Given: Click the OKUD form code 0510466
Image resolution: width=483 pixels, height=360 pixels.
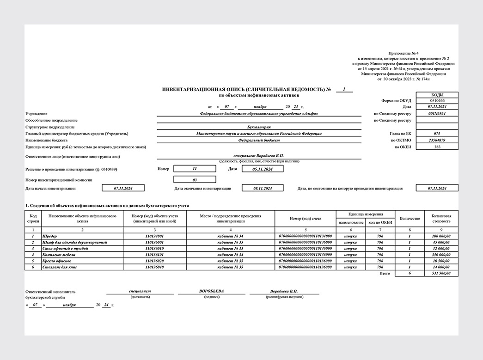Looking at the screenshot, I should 437,101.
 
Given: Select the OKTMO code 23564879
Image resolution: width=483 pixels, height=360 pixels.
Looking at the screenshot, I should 437,140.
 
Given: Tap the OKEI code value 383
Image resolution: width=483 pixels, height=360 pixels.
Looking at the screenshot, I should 437,147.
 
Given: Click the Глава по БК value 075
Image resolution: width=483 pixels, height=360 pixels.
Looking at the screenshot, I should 437,134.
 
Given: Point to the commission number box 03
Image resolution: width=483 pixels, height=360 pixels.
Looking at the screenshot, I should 195,180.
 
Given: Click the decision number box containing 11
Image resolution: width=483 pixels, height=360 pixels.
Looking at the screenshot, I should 195,169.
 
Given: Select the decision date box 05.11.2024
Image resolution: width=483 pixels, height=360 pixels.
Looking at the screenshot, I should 263,169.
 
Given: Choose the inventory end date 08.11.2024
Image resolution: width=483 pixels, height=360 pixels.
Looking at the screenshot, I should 263,189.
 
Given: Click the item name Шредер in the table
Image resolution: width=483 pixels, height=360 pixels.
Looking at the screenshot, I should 49,236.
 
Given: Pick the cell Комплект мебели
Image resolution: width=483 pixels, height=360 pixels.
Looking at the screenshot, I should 59,255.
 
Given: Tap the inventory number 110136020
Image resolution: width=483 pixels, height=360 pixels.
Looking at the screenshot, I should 154,261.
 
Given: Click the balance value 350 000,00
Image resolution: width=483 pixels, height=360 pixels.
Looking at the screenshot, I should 441,255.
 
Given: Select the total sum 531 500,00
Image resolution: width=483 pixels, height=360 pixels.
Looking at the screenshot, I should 441,274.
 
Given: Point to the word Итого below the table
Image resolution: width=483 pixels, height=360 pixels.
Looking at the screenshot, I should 384,274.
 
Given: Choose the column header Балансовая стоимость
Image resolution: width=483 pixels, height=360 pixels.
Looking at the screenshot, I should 441,218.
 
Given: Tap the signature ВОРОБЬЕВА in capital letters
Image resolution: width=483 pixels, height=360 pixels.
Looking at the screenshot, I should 212,292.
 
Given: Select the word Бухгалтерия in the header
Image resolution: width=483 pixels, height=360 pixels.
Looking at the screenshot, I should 259,127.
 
